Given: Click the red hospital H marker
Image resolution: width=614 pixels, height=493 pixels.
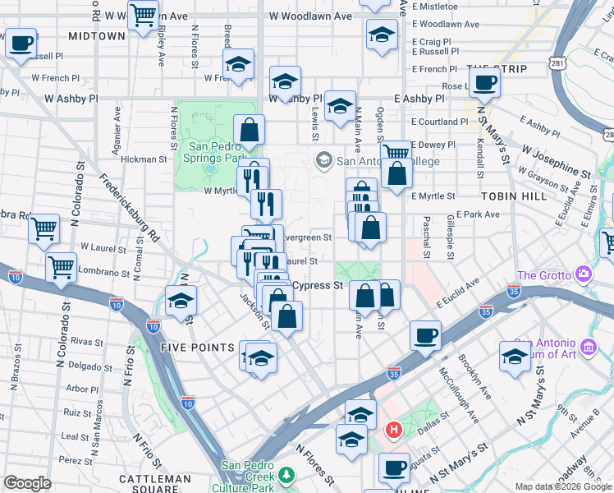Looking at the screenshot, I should point(394,429).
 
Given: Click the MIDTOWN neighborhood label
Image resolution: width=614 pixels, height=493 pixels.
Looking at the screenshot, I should point(97,36).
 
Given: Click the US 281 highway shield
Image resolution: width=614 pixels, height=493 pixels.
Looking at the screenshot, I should point(559,62).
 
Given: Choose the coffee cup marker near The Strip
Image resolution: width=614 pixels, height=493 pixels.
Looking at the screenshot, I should point(484,83).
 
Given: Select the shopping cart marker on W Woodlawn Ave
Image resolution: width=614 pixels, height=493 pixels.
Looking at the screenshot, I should point(143,15).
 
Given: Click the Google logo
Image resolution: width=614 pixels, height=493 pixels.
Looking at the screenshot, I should point(27,483).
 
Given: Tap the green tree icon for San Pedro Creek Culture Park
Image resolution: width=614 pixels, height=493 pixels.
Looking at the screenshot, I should point(286,474).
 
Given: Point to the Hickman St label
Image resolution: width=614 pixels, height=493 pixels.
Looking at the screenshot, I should point(145,160).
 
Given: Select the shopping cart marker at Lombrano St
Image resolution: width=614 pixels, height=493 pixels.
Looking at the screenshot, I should point(61,266).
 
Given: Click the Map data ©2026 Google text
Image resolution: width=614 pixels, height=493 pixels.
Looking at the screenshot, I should point(564,486).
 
